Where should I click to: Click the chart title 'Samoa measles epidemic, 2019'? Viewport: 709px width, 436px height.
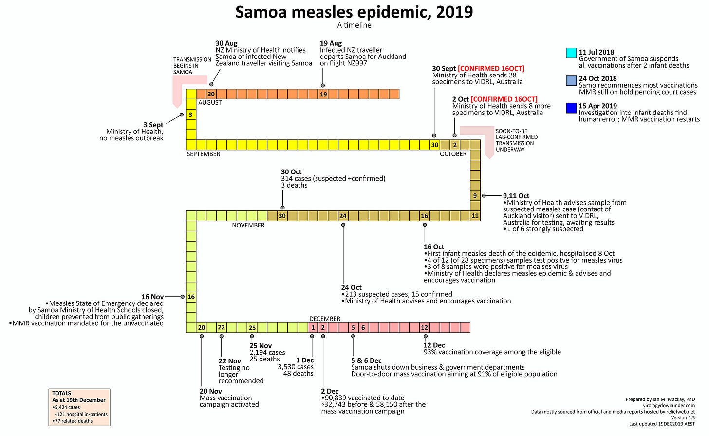[354, 12]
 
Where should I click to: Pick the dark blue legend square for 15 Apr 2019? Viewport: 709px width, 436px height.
[571, 108]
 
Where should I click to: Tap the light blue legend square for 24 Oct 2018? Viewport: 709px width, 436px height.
[571, 80]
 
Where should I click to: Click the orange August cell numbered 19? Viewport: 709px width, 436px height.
[323, 94]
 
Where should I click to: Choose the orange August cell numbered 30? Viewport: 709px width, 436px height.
[211, 94]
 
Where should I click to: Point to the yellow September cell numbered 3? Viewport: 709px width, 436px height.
[190, 114]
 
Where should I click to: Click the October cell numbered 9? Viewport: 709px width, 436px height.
[475, 196]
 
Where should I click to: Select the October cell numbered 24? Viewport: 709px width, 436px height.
[343, 216]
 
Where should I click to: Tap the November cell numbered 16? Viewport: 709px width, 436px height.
[191, 297]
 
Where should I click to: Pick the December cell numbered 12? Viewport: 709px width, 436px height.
[424, 327]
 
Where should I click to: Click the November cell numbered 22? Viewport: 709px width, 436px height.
[221, 327]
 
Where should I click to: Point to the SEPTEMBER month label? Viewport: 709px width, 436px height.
[203, 154]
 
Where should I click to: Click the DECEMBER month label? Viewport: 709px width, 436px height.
[324, 319]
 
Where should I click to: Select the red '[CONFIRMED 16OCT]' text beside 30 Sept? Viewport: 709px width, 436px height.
[491, 69]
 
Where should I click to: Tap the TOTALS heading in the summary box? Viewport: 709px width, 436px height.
[61, 393]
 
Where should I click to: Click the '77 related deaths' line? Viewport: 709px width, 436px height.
[73, 421]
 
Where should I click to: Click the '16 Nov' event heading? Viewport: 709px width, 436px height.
[152, 297]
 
